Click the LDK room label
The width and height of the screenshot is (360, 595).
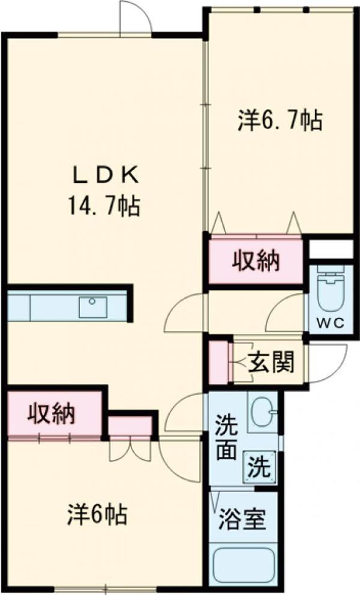[x=105, y=175]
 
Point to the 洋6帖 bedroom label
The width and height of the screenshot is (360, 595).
[x=97, y=514]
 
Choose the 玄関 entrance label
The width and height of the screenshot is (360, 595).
[x=271, y=363]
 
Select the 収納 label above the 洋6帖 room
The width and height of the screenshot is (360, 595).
[x=51, y=413]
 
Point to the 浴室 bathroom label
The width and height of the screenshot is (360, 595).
[x=242, y=519]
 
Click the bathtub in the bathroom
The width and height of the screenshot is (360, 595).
[x=242, y=564]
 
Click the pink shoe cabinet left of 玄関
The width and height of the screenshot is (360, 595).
[x=217, y=363]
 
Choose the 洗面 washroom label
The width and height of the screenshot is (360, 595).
[x=226, y=439]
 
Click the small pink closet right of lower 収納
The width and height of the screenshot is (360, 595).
[x=130, y=426]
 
